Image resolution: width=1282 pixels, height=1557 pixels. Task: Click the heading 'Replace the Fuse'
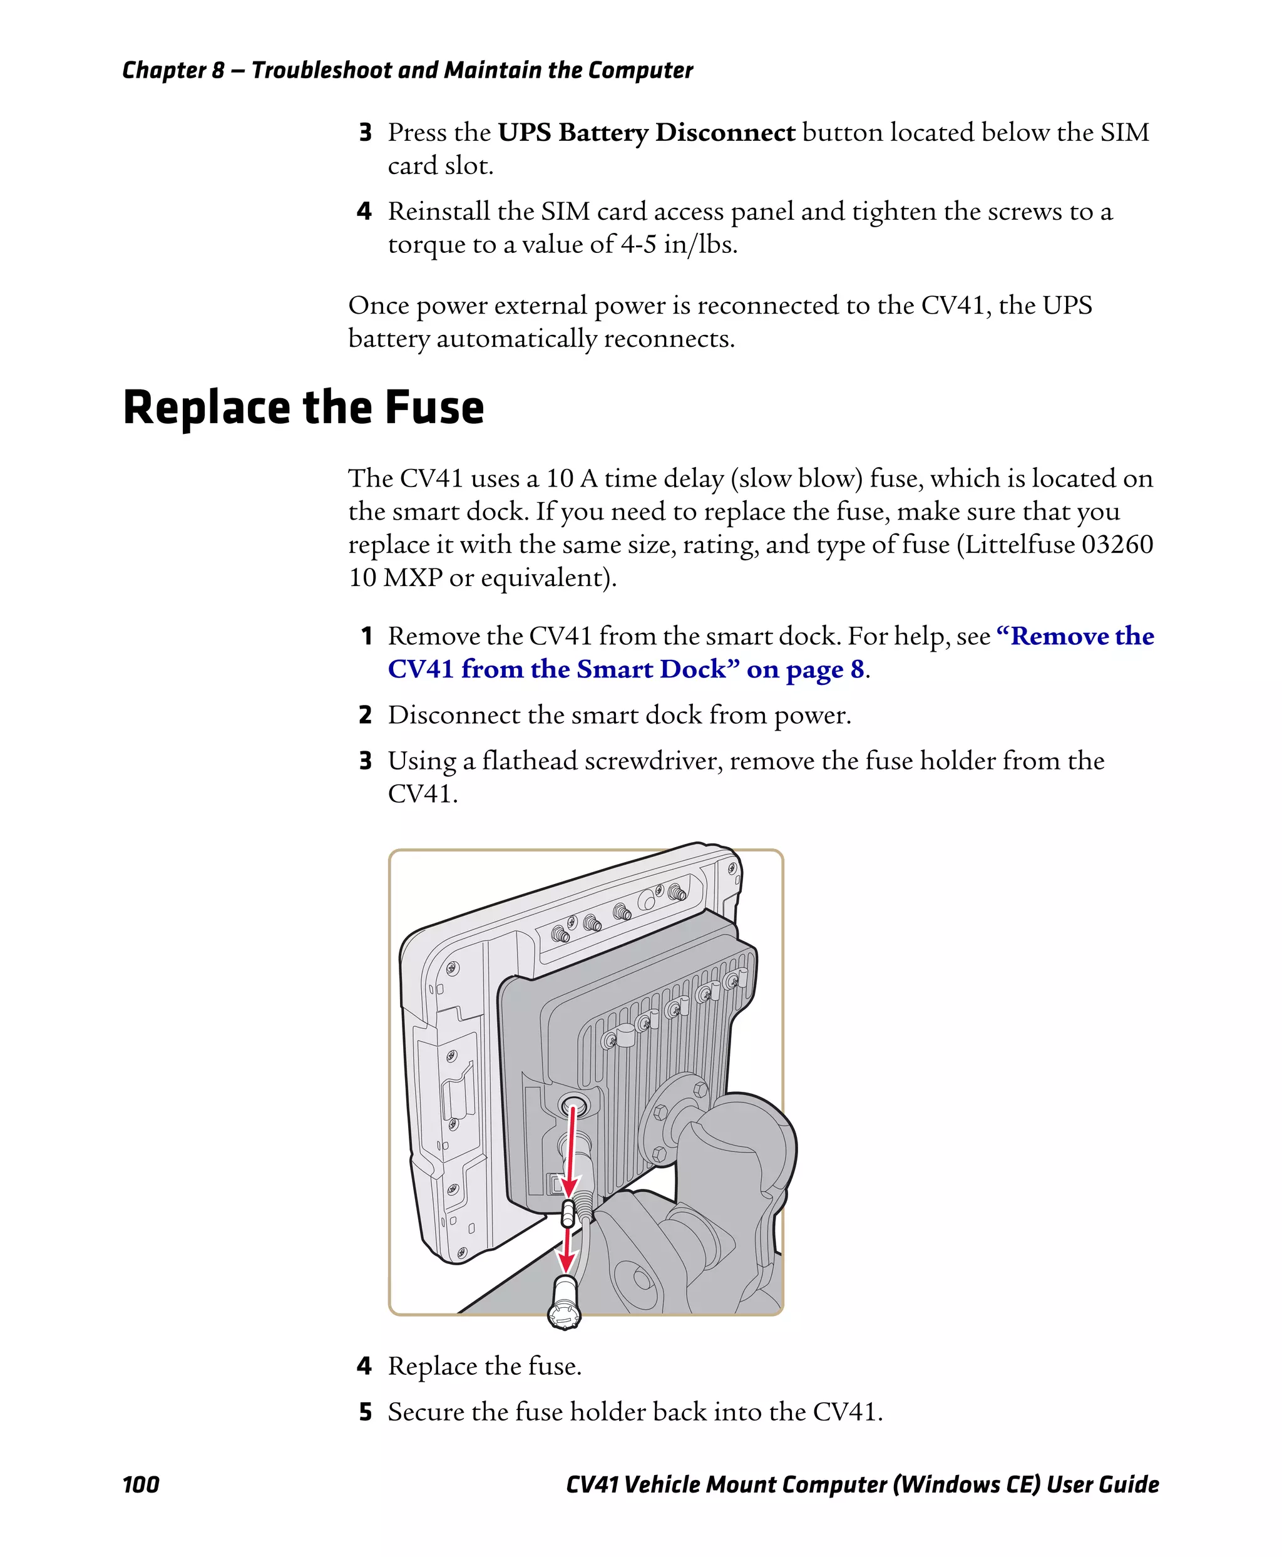click(x=303, y=408)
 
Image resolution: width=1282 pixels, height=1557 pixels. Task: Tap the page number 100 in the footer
click(x=140, y=1484)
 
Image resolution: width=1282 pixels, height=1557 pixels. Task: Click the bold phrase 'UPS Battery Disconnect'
click(x=646, y=132)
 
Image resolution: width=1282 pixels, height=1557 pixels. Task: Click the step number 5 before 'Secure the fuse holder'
click(x=365, y=1412)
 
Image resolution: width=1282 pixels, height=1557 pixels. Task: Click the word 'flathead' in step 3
click(x=530, y=761)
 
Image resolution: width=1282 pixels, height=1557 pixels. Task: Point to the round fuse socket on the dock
click(x=572, y=1106)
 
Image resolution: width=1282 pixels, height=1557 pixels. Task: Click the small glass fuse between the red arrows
click(x=568, y=1212)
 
